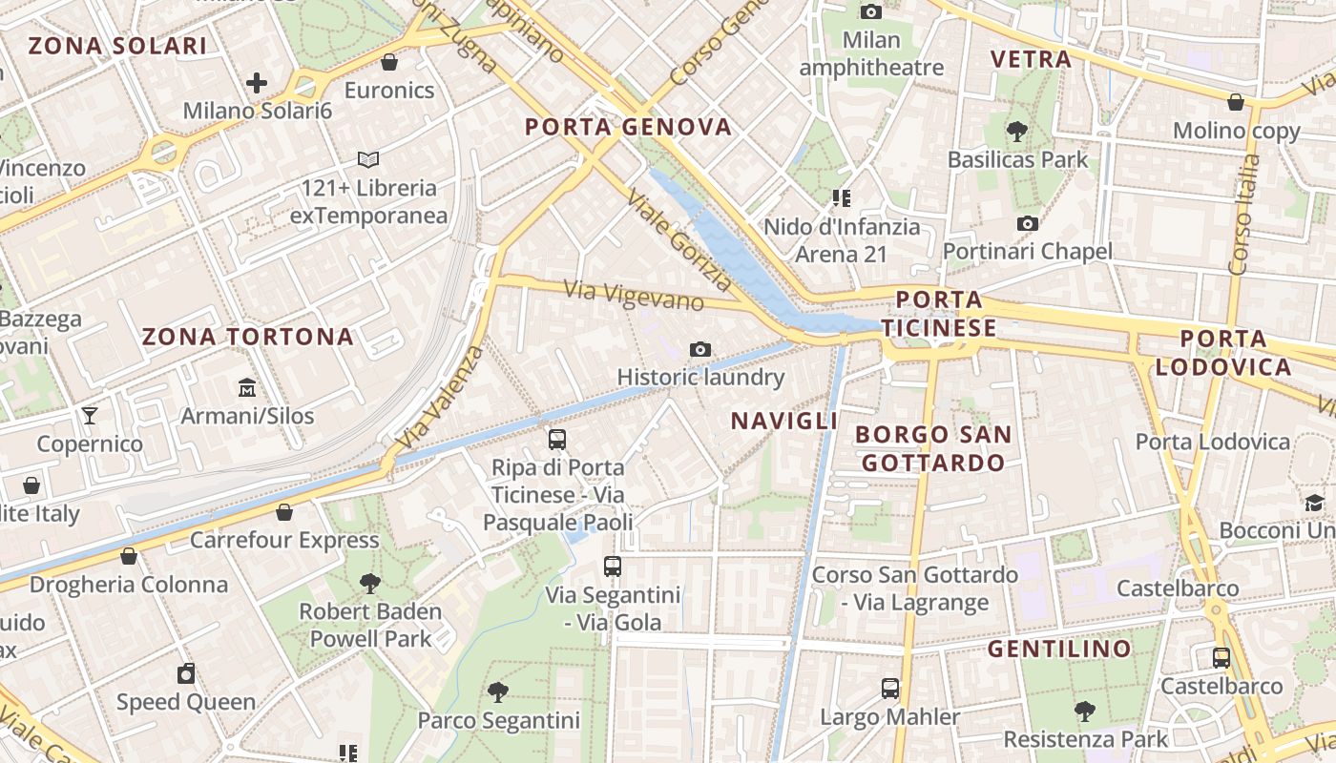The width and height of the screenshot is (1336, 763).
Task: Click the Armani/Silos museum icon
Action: [247, 387]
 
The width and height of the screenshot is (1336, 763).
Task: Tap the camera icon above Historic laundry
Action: [700, 349]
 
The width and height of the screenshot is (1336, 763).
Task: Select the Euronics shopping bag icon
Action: [388, 62]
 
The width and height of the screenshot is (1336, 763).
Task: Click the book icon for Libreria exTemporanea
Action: [368, 159]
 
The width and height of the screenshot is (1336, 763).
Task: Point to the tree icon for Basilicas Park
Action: [1017, 131]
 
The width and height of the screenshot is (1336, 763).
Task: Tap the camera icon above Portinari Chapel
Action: [1027, 223]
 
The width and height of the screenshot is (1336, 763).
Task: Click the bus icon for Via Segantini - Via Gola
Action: [613, 567]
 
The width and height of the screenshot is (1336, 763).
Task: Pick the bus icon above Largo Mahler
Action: [889, 688]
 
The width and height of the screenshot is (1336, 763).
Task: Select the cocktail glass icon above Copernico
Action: [90, 415]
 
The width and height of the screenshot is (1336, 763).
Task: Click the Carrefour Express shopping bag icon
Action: [283, 512]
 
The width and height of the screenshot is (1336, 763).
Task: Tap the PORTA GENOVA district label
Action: [629, 127]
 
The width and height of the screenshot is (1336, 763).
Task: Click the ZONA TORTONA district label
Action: [248, 337]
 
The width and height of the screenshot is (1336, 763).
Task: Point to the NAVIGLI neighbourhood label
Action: [784, 421]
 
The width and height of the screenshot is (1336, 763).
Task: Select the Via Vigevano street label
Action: [634, 295]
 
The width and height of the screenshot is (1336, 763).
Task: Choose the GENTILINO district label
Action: [1059, 650]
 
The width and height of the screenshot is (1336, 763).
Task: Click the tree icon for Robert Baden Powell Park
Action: [370, 583]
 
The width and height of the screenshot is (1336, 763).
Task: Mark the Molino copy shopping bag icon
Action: [1236, 102]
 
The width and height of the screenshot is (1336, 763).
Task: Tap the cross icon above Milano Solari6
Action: [257, 83]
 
